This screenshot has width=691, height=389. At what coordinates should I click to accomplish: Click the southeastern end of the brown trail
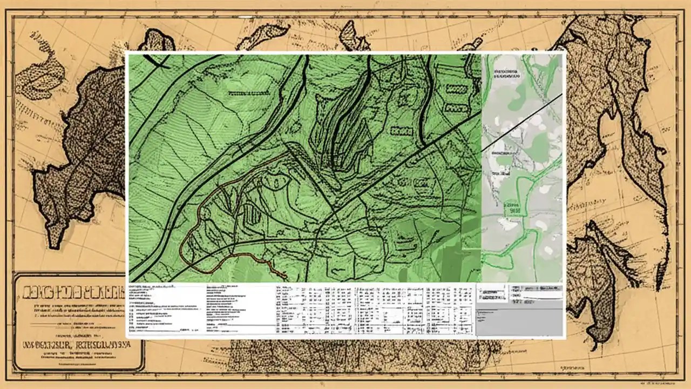285,277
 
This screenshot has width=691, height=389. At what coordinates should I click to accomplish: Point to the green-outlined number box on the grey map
510,208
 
